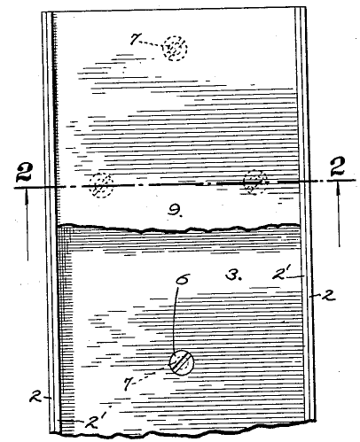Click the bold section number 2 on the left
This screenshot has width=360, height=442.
click(24, 172)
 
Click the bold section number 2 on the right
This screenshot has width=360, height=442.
click(339, 167)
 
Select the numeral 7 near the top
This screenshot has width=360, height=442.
click(134, 39)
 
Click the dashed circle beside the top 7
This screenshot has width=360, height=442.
click(175, 48)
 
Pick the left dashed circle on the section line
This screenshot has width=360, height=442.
click(101, 185)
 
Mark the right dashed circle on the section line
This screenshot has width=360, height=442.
click(254, 182)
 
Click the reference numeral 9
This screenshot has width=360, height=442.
click(175, 210)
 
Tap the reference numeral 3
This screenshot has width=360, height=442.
click(233, 275)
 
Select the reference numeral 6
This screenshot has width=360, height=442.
click(182, 279)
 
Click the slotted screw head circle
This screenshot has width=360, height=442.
click(182, 362)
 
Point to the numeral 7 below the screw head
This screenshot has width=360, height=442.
click(128, 384)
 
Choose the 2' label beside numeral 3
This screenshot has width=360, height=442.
click(280, 274)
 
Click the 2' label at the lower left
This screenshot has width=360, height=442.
click(93, 423)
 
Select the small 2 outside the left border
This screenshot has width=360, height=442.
click(35, 397)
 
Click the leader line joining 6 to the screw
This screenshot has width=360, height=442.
click(175, 319)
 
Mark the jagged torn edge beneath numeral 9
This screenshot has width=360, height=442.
click(178, 228)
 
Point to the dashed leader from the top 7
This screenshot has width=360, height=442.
click(151, 43)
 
